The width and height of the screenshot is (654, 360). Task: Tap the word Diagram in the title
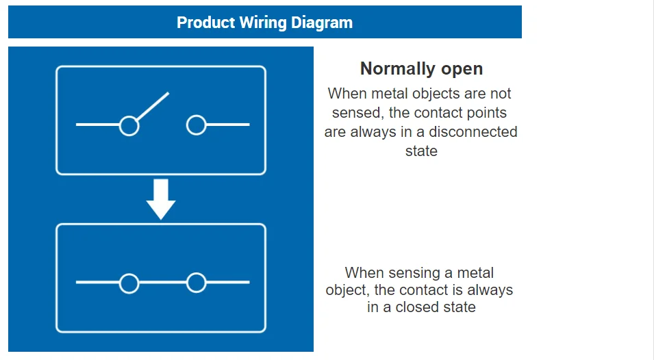click(322, 23)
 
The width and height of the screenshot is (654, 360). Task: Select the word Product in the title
click(205, 23)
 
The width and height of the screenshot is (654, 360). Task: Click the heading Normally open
click(421, 69)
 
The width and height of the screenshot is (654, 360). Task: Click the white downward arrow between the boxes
click(161, 198)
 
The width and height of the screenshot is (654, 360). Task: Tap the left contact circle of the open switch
click(129, 125)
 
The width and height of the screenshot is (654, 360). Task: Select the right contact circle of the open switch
click(197, 125)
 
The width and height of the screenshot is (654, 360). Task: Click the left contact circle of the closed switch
click(129, 283)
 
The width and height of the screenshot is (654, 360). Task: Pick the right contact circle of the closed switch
click(197, 283)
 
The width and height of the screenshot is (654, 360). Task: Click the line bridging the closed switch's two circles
click(162, 283)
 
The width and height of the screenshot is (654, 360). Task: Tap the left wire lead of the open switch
click(97, 125)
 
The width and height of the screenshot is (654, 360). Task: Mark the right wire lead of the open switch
click(228, 125)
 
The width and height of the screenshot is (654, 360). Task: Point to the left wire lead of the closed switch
click(97, 283)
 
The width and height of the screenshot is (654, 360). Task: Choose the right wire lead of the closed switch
click(228, 283)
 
